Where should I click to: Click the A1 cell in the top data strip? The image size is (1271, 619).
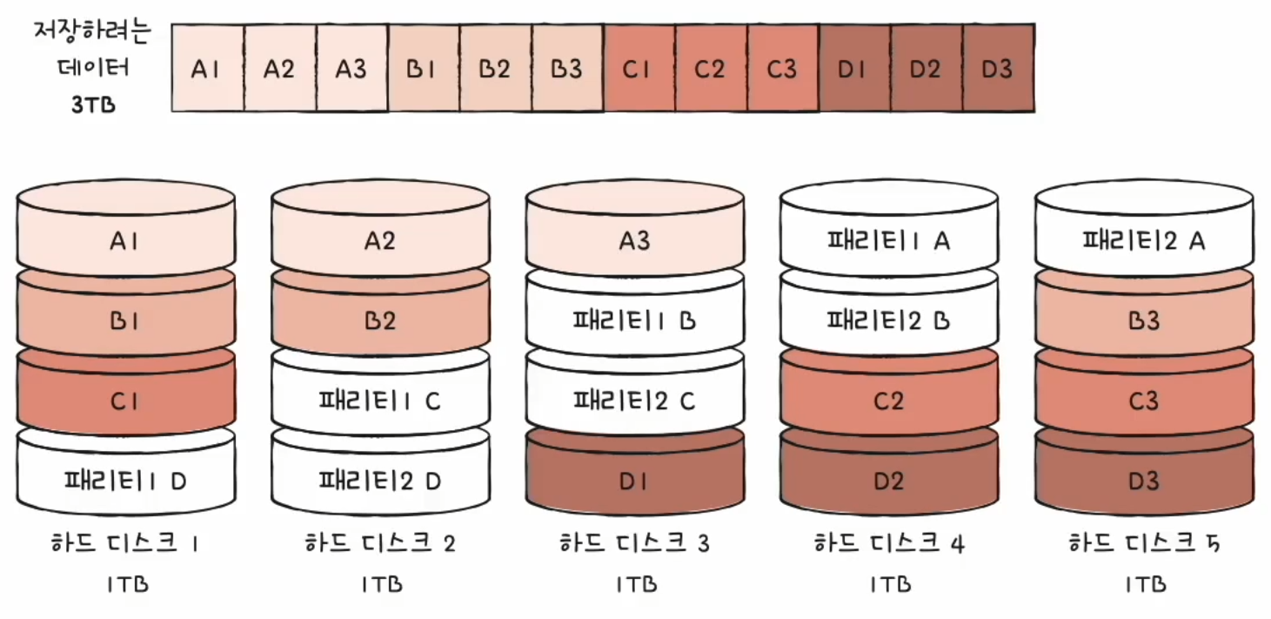click(x=206, y=69)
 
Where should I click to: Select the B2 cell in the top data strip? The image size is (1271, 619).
click(x=494, y=69)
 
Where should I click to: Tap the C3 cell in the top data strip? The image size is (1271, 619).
click(x=782, y=69)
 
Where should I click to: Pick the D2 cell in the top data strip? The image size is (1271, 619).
click(x=926, y=69)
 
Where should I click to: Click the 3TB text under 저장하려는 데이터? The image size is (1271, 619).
click(x=93, y=107)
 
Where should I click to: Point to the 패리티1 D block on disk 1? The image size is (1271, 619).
click(x=125, y=480)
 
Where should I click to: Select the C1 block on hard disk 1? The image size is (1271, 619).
click(x=125, y=400)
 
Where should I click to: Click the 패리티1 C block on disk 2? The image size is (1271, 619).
click(x=380, y=400)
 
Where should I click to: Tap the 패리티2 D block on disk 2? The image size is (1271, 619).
click(x=380, y=480)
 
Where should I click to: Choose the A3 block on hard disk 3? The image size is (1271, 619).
click(x=635, y=240)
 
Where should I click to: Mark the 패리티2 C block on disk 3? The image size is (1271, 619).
click(x=635, y=400)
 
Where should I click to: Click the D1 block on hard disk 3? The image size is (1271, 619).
click(x=635, y=480)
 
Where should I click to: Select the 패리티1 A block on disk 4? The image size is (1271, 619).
click(x=889, y=240)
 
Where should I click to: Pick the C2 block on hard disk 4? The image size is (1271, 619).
click(x=889, y=400)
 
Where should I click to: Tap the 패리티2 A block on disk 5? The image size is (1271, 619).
click(x=1144, y=240)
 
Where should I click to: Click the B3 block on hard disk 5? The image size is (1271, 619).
click(x=1144, y=320)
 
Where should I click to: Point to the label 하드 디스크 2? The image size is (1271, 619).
click(x=380, y=545)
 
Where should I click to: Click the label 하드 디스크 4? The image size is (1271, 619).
click(x=889, y=545)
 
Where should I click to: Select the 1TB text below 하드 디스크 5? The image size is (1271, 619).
click(x=1144, y=584)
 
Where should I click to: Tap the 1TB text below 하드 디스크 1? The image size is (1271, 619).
click(x=125, y=584)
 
